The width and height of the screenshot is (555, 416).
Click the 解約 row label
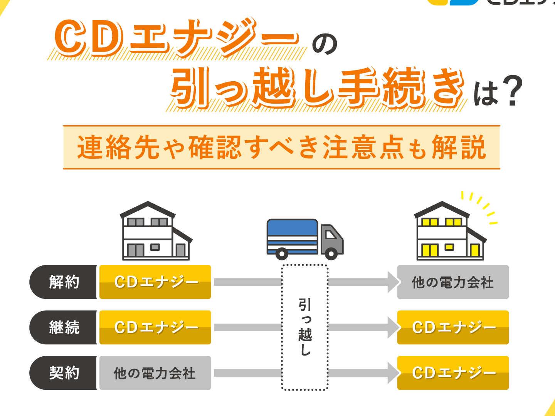pos(63,282)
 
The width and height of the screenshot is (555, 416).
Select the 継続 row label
pos(63,327)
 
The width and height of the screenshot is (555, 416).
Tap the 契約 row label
pos(63,373)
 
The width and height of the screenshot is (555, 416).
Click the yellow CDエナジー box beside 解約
pos(155,282)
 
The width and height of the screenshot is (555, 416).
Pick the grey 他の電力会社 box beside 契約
pos(155,373)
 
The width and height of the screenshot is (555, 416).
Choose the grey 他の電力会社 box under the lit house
pos(453,282)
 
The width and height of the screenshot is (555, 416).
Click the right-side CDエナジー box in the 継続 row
pos(453,327)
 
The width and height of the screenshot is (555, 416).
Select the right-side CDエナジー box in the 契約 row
pos(453,373)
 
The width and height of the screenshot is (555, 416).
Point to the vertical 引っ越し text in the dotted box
pos(305,327)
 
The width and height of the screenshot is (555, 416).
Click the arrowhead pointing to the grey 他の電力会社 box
pos(393,282)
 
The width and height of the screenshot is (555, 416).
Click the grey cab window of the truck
pos(330,235)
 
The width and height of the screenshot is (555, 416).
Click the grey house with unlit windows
pos(156,231)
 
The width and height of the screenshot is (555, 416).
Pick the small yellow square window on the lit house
pos(449,247)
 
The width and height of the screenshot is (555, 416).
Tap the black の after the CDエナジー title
pos(325,44)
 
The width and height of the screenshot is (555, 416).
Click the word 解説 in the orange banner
pos(459,147)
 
